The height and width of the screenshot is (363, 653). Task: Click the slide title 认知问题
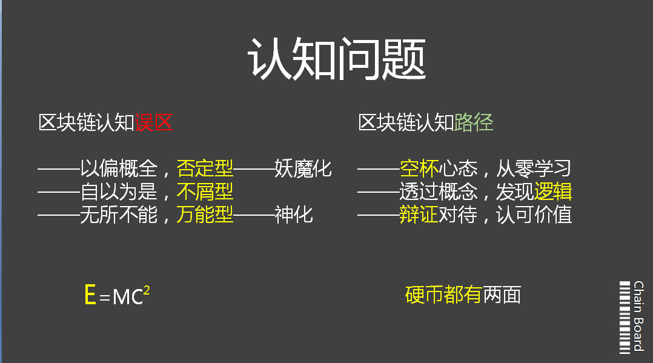click(x=337, y=59)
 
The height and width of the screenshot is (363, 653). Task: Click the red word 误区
click(x=154, y=123)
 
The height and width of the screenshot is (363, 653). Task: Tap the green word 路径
click(x=474, y=123)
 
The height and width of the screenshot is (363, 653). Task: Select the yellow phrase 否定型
click(x=205, y=169)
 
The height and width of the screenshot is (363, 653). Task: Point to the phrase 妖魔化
click(x=303, y=169)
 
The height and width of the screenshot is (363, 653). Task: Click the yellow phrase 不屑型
click(x=205, y=191)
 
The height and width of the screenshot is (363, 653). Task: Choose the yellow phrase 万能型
click(x=205, y=215)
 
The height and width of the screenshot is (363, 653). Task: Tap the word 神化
click(x=294, y=215)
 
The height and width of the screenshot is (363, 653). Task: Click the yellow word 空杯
click(x=419, y=169)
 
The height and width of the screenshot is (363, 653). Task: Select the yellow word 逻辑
click(x=553, y=191)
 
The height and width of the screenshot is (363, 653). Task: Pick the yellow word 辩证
click(x=419, y=215)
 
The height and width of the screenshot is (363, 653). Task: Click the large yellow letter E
click(x=90, y=295)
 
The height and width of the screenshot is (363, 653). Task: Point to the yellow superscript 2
click(x=146, y=290)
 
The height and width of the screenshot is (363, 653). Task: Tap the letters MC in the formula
click(x=128, y=297)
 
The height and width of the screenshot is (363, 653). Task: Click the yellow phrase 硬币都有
click(x=443, y=295)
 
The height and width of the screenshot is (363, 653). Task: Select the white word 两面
click(x=502, y=295)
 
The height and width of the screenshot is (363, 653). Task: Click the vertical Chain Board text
click(x=638, y=316)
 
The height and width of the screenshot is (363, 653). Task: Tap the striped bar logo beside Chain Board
click(x=625, y=318)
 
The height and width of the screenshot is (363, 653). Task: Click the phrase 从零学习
click(x=534, y=169)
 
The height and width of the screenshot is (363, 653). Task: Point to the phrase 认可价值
click(x=534, y=215)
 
